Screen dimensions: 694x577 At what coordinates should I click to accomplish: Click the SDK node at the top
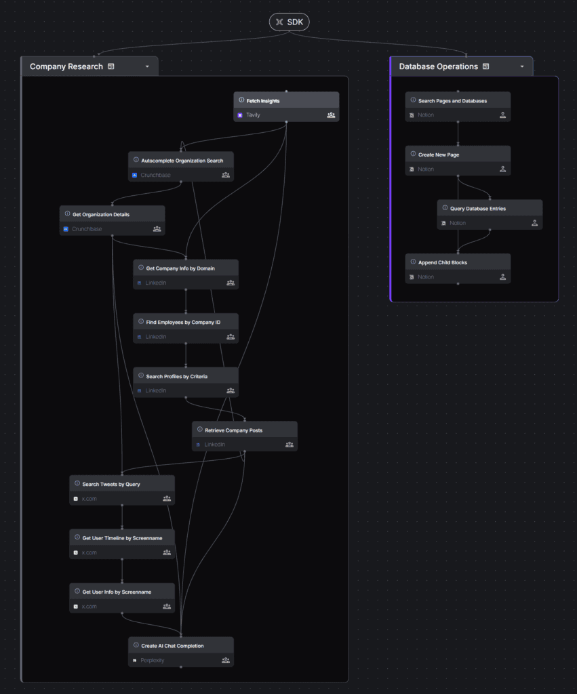click(x=289, y=22)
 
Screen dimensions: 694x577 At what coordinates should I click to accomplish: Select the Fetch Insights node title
click(x=263, y=101)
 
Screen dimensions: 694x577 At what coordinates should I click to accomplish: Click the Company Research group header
click(x=66, y=66)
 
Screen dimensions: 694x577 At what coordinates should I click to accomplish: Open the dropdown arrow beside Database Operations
click(x=522, y=66)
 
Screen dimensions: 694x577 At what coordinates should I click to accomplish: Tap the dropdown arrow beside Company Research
click(x=147, y=66)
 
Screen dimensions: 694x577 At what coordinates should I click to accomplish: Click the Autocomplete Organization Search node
click(x=182, y=161)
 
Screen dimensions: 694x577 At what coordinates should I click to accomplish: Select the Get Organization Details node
click(x=101, y=215)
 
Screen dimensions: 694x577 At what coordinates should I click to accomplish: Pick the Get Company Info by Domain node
click(x=180, y=268)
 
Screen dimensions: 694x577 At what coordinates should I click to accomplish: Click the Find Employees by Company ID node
click(x=183, y=322)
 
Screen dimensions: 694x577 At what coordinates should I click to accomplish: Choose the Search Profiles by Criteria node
click(x=177, y=376)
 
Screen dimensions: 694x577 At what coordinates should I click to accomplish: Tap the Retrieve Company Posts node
click(x=234, y=430)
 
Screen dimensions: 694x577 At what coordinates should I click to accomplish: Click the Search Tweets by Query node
click(x=111, y=484)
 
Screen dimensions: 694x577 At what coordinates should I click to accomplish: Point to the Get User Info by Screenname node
click(x=117, y=592)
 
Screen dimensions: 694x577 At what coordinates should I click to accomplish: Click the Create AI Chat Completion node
click(x=172, y=646)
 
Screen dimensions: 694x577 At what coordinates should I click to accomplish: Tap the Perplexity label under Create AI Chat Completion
click(x=153, y=660)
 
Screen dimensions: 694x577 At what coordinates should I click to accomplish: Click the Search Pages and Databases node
click(x=452, y=101)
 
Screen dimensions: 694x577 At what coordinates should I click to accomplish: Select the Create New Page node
click(x=439, y=155)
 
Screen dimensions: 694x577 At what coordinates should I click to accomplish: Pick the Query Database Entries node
click(x=478, y=209)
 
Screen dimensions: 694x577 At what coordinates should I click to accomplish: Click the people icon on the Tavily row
click(x=331, y=115)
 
